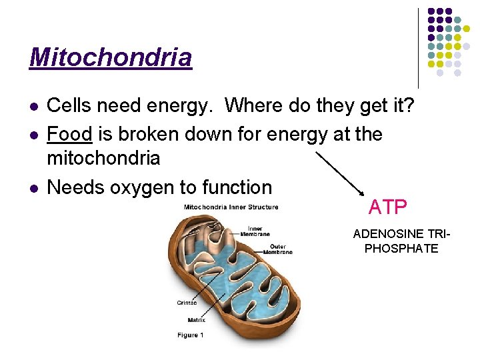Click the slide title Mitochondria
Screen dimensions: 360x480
pyautogui.click(x=111, y=57)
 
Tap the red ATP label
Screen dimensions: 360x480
pyautogui.click(x=387, y=207)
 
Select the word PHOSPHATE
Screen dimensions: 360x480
pyautogui.click(x=406, y=249)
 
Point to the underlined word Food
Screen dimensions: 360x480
pyautogui.click(x=69, y=134)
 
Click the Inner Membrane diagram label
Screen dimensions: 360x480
pyautogui.click(x=255, y=231)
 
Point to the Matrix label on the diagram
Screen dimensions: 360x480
pyautogui.click(x=196, y=320)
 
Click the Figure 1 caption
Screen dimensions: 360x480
pyautogui.click(x=190, y=335)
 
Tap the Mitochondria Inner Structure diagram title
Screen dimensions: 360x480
pyautogui.click(x=231, y=207)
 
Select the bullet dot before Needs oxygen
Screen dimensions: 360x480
pyautogui.click(x=33, y=188)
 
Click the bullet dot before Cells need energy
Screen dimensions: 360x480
pyautogui.click(x=33, y=106)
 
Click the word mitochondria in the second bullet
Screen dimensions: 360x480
pyautogui.click(x=103, y=159)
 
